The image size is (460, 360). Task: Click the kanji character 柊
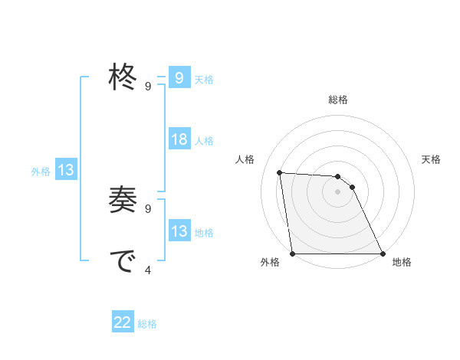pos(123,77)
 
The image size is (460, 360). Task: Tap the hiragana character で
pos(123,262)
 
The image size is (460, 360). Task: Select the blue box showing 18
pos(179,139)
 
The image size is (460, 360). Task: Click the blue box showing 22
pos(123,322)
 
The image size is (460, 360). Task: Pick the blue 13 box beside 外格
pos(66,170)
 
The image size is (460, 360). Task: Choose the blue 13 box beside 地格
pos(179,231)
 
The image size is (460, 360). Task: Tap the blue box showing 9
pos(179,78)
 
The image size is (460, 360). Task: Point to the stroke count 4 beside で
pos(148,269)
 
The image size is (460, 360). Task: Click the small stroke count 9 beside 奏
pos(148,208)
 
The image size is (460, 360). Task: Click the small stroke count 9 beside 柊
pos(148,86)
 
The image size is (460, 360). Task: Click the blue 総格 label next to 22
pos(147,324)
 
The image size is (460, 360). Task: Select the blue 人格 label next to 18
pos(204,141)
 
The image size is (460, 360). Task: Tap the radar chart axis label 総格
pos(337,100)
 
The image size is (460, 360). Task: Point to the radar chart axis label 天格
pos(432,159)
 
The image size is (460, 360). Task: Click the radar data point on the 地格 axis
pos(382,254)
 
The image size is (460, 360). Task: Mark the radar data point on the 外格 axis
pos(293,254)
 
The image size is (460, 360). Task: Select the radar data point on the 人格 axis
pos(280,172)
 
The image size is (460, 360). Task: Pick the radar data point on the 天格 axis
pos(352,187)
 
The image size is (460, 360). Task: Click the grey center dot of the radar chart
pos(337,191)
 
